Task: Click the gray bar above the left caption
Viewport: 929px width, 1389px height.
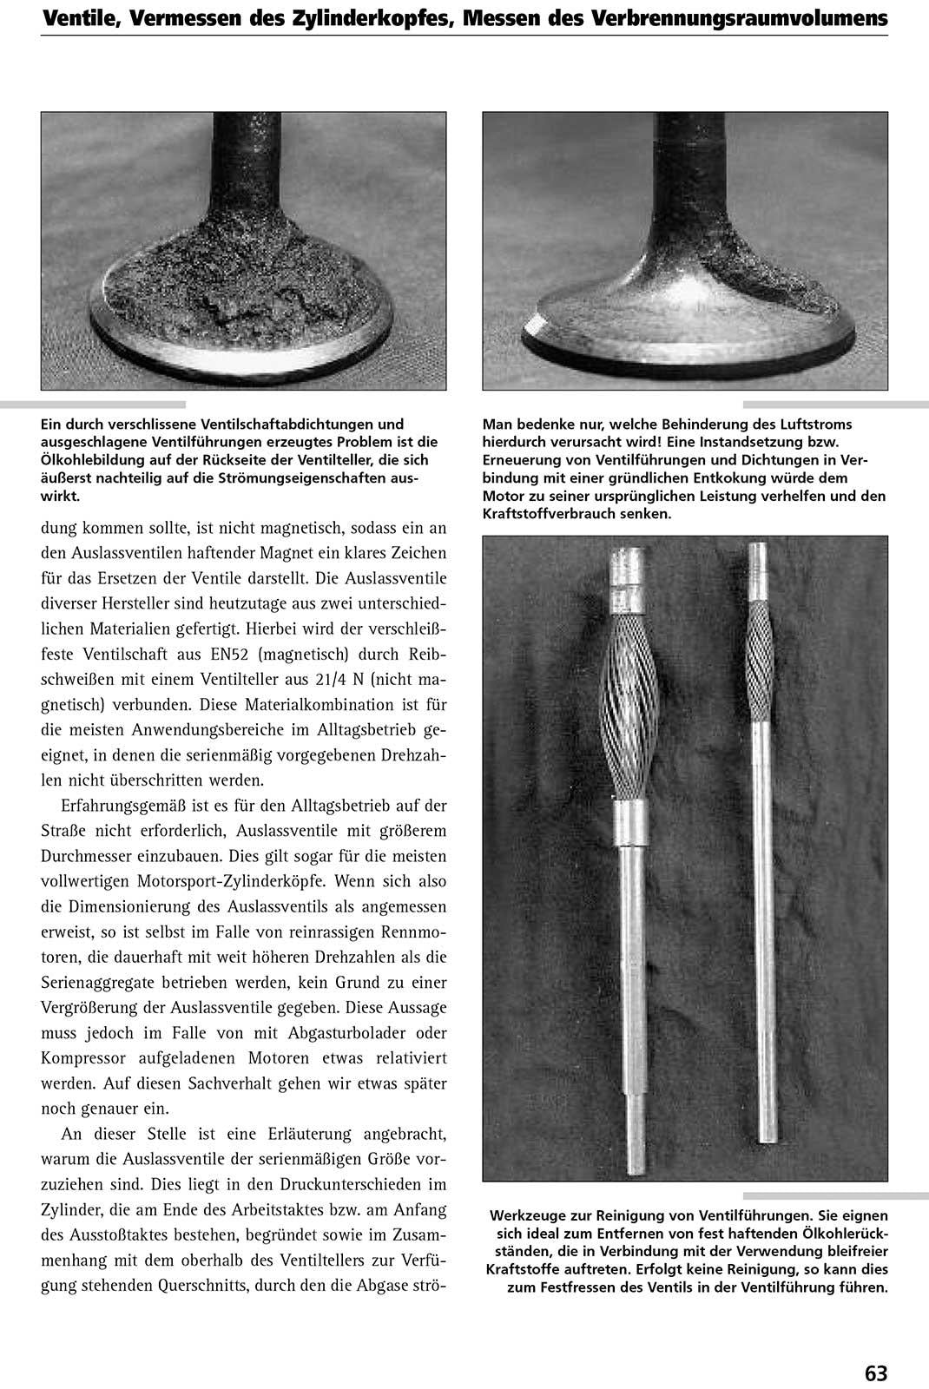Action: [x=93, y=405]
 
